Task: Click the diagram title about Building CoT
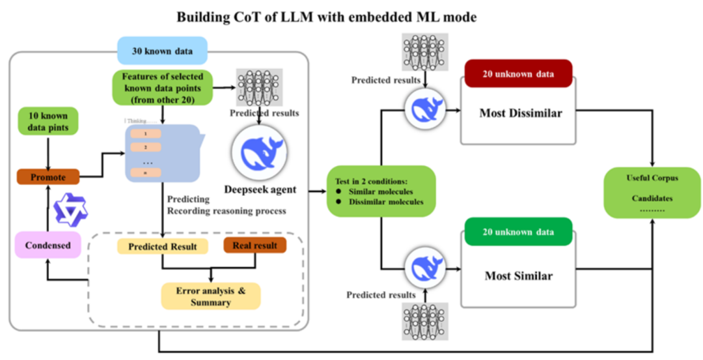(x=326, y=17)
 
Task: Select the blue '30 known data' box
(x=162, y=50)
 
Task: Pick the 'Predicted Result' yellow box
(x=162, y=247)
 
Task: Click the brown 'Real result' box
(x=255, y=245)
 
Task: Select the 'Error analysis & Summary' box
(x=210, y=296)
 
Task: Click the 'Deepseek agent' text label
(x=260, y=190)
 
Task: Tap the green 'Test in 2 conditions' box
(x=380, y=191)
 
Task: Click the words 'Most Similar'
(x=518, y=275)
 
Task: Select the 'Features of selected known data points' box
(x=162, y=87)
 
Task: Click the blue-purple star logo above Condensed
(x=65, y=209)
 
